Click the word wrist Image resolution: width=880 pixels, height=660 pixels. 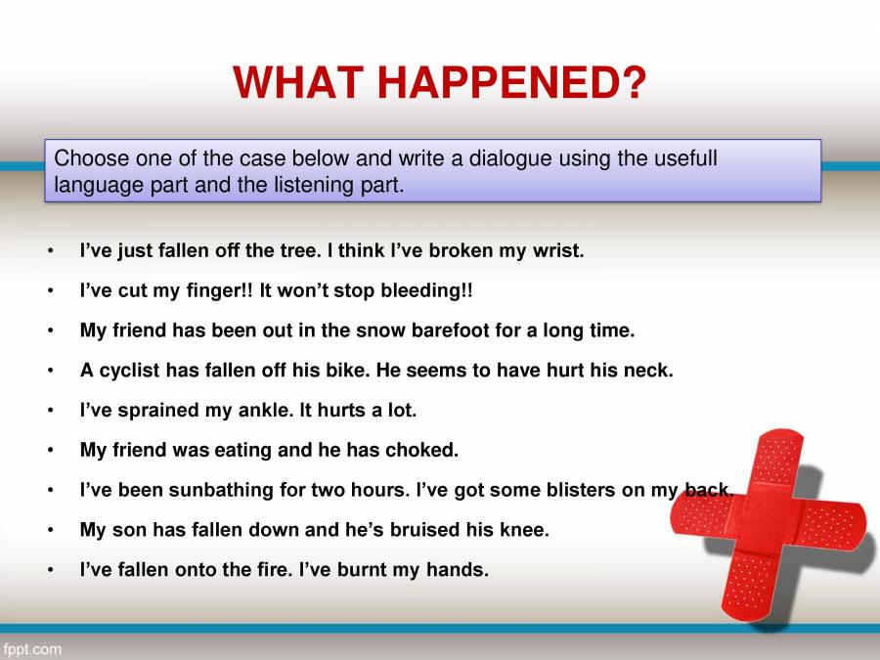click(x=557, y=250)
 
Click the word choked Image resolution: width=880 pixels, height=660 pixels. click(x=422, y=451)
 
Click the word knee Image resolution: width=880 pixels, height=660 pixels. click(x=527, y=531)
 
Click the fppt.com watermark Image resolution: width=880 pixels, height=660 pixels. click(x=32, y=648)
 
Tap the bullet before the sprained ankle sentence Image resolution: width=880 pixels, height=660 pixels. click(x=50, y=412)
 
